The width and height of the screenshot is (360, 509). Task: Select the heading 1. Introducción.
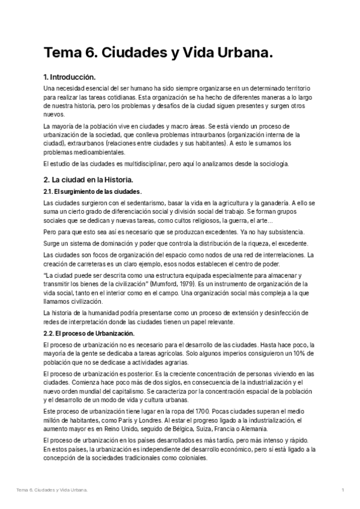click(70, 77)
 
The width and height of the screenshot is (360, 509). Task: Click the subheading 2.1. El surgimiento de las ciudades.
click(92, 191)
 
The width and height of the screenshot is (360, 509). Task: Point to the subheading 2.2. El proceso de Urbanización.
click(89, 333)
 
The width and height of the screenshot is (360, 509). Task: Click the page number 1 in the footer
click(342, 490)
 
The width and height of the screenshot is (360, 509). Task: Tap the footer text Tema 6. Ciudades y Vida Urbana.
click(52, 490)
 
